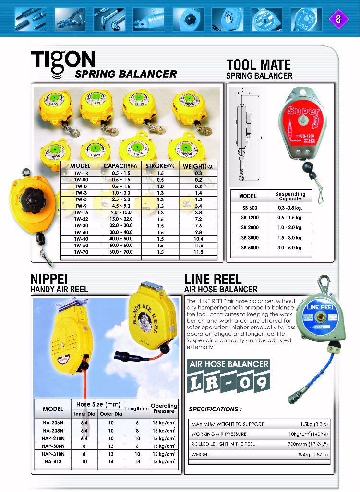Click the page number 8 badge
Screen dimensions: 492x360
338,19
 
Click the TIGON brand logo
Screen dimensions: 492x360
63,61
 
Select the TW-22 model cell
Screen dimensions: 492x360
81,218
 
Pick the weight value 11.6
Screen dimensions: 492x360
198,245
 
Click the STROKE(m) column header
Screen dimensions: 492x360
160,166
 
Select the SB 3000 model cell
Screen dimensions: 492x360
250,238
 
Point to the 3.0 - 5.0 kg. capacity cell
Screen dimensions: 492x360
290,248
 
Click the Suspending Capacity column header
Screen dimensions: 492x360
290,196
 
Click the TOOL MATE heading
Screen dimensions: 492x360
258,65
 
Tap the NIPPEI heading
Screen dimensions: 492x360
49,279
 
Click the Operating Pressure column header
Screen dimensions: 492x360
164,408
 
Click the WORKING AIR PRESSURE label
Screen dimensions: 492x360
219,434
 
